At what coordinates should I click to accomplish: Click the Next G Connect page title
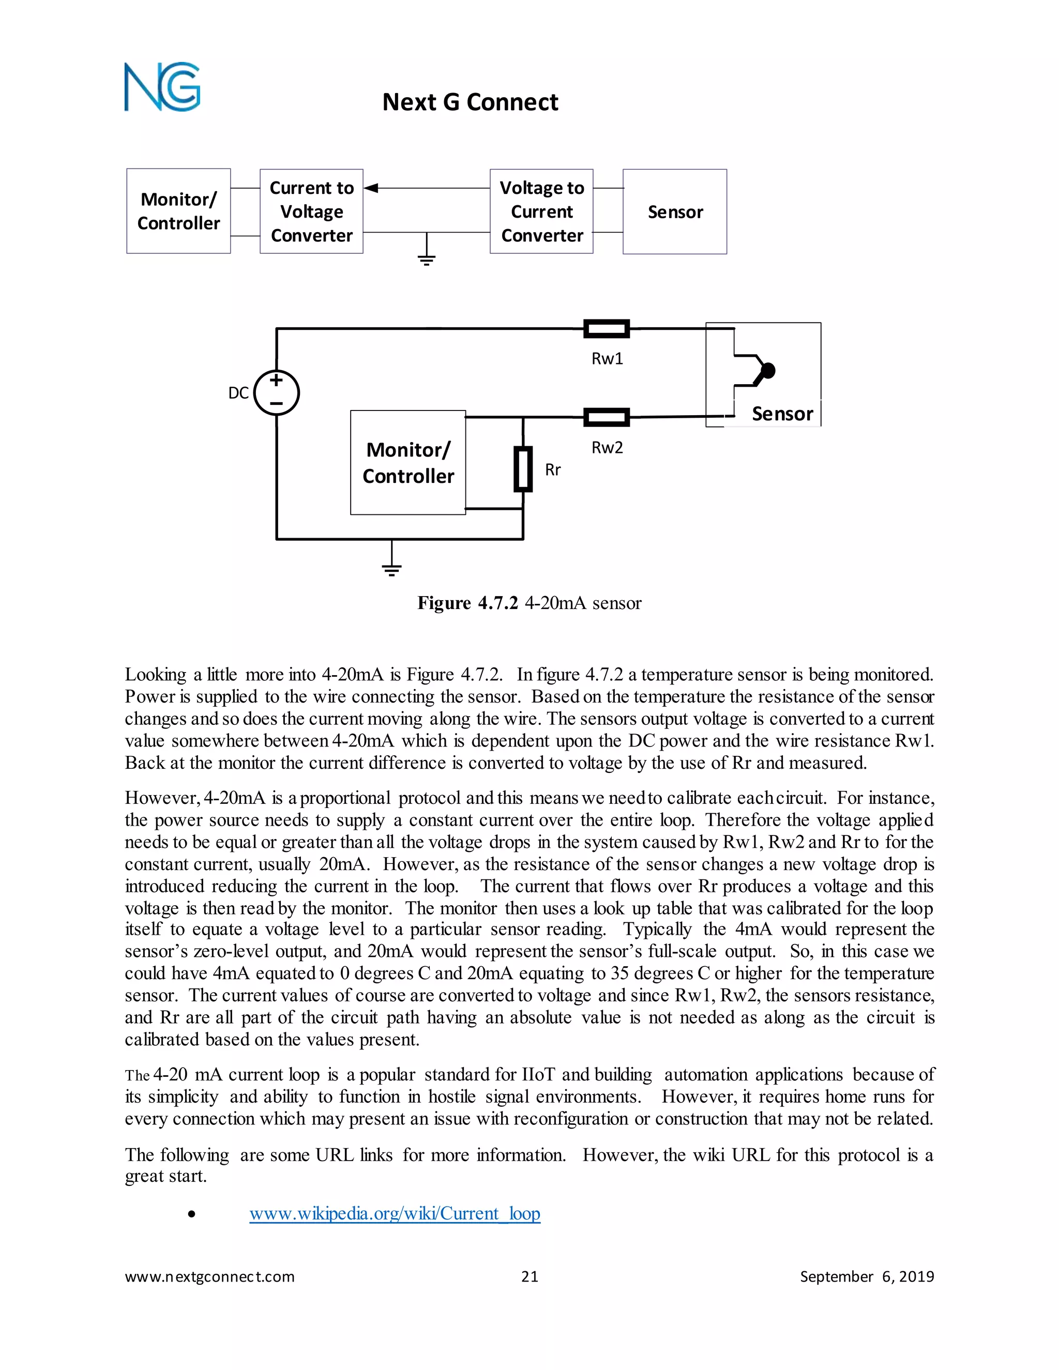point(470,102)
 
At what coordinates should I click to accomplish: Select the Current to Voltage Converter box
point(311,211)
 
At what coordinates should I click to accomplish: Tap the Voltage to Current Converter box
point(541,211)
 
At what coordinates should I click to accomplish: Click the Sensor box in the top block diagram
point(674,211)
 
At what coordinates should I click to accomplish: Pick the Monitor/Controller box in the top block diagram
point(178,211)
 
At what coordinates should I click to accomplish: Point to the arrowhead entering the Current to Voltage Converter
point(371,188)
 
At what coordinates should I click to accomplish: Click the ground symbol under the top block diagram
point(427,258)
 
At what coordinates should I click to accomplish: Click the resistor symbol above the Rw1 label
point(607,329)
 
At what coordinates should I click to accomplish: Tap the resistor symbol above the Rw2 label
point(607,417)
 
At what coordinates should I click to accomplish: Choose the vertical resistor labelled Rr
point(523,469)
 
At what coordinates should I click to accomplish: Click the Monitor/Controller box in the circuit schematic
point(408,463)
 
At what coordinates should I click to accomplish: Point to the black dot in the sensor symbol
point(768,371)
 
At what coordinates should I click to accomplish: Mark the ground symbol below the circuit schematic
point(391,568)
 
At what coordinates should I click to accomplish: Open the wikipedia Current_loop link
point(395,1213)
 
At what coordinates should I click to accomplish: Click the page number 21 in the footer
point(529,1276)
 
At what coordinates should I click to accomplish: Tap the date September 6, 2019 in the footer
point(867,1276)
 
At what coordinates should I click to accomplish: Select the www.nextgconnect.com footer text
point(209,1276)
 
